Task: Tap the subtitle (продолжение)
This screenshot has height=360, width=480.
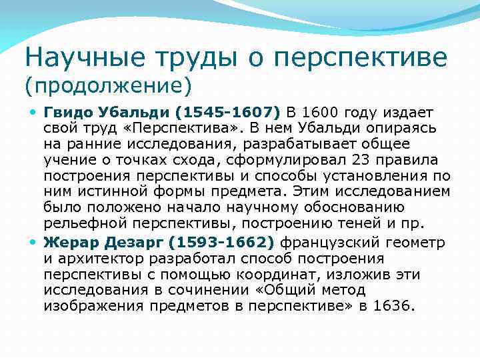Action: click(108, 85)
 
